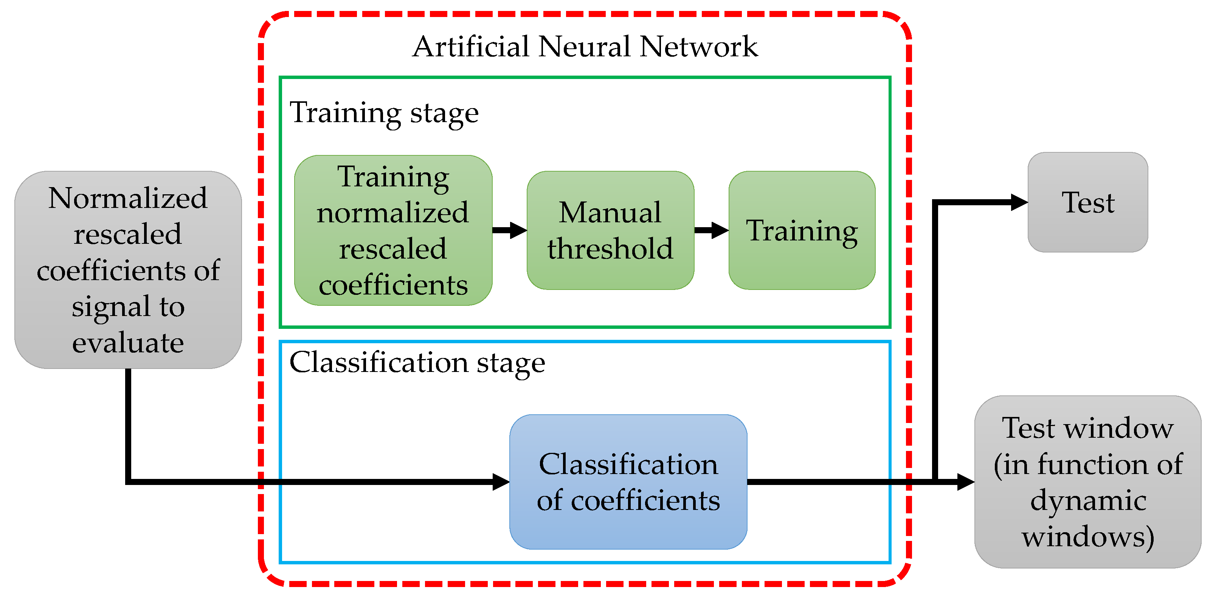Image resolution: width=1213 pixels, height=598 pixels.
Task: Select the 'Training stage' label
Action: (x=384, y=113)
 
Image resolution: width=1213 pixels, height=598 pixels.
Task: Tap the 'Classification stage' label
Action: (x=417, y=363)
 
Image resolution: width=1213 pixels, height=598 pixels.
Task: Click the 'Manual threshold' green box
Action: (x=610, y=230)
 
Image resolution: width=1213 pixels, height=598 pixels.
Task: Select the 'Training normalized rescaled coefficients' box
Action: (x=393, y=230)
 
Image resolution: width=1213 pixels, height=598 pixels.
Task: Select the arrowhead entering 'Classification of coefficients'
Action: (x=500, y=482)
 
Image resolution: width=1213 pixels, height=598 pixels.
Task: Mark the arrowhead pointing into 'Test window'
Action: (x=965, y=482)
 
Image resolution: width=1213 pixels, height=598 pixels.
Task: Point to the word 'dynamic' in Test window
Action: (x=1088, y=500)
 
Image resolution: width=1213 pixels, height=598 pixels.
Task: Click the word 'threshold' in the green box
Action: (x=610, y=249)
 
